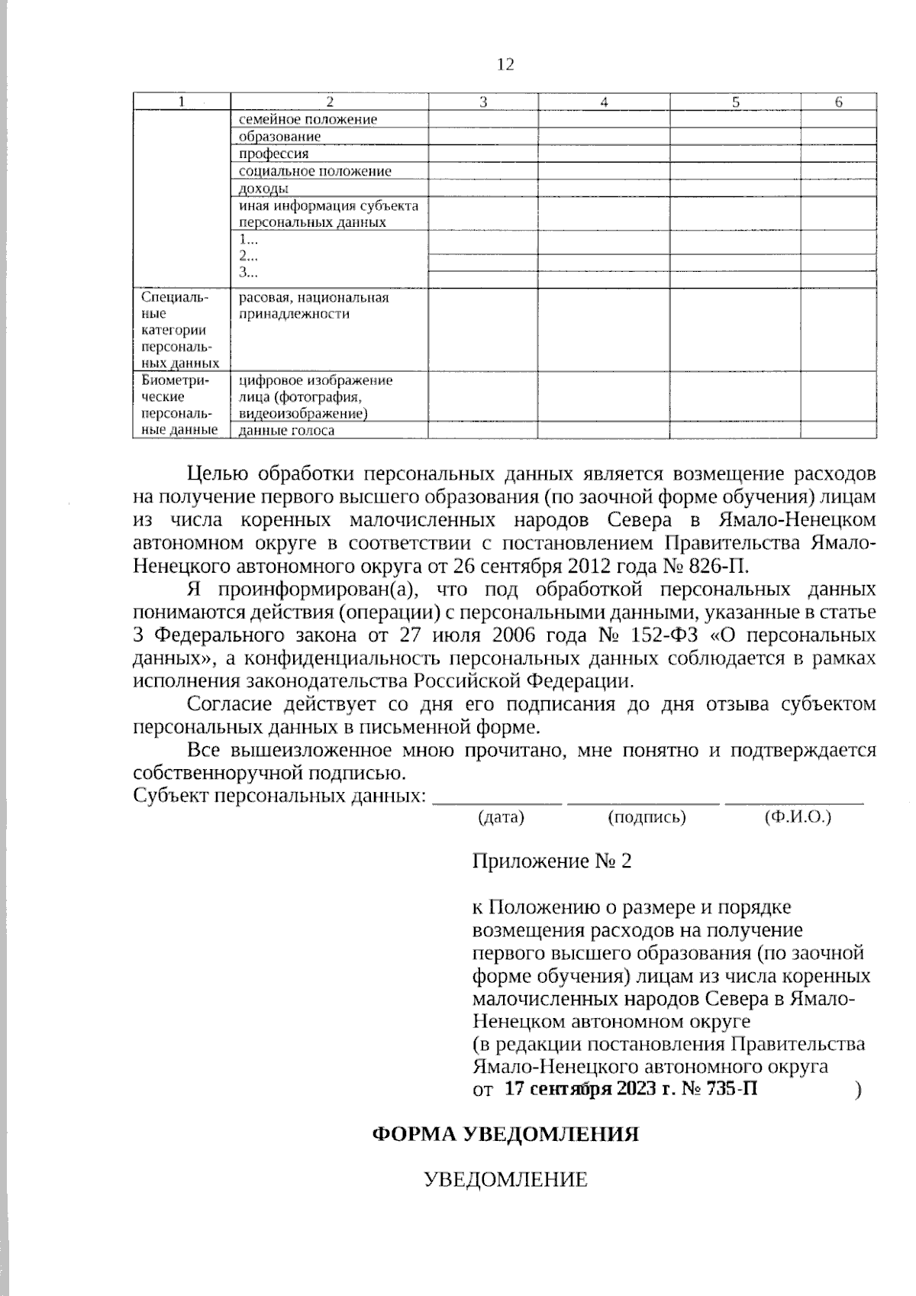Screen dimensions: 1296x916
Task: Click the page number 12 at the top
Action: [505, 64]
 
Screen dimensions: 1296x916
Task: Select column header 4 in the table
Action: [604, 102]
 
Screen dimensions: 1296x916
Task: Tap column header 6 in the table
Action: [838, 102]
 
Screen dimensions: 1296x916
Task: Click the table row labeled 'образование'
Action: [279, 137]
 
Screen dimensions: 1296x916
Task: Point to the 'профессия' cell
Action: [273, 154]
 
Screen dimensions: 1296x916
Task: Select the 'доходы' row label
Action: [263, 188]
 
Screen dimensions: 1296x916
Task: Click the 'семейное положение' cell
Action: [308, 119]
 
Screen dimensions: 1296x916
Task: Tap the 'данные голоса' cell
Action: [286, 431]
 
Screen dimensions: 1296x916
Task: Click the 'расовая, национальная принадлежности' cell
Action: [314, 305]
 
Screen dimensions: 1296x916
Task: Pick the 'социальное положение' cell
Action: [314, 171]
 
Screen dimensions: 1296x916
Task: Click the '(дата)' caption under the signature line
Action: [501, 817]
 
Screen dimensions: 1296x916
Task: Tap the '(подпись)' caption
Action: [647, 817]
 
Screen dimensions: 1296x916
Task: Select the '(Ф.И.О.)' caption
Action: [797, 817]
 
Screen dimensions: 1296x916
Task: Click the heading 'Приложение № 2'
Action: [552, 861]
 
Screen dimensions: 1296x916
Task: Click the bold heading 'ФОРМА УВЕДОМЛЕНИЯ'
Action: [505, 1134]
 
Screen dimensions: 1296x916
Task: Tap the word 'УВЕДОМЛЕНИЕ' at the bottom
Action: [505, 1180]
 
